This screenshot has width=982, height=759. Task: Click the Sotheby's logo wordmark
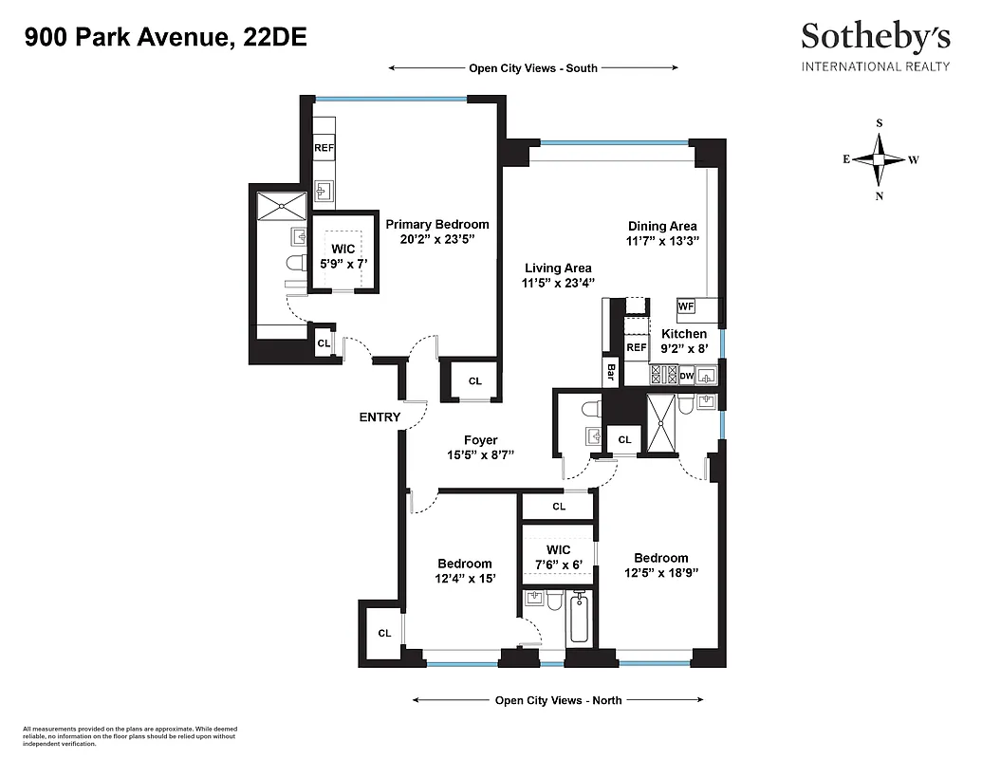tap(875, 37)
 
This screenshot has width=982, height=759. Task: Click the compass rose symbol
tap(880, 159)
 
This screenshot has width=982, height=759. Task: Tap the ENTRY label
tap(380, 417)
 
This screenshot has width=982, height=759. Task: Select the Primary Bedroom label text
tap(436, 225)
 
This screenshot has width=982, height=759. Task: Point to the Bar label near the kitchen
tap(612, 370)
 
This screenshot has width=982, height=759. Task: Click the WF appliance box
tap(687, 307)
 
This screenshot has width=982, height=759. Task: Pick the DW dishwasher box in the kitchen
tap(686, 377)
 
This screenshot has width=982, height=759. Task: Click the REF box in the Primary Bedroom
tap(324, 149)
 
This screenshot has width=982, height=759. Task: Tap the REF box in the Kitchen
tap(636, 348)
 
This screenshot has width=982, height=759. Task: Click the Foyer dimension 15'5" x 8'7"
tap(480, 455)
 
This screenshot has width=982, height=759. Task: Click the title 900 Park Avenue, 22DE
tap(165, 38)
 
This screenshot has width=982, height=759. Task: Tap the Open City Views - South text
tap(532, 68)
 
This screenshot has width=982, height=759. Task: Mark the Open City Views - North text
tap(558, 700)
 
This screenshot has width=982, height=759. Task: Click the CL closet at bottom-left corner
tap(384, 633)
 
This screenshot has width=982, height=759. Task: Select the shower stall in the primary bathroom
tap(283, 206)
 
